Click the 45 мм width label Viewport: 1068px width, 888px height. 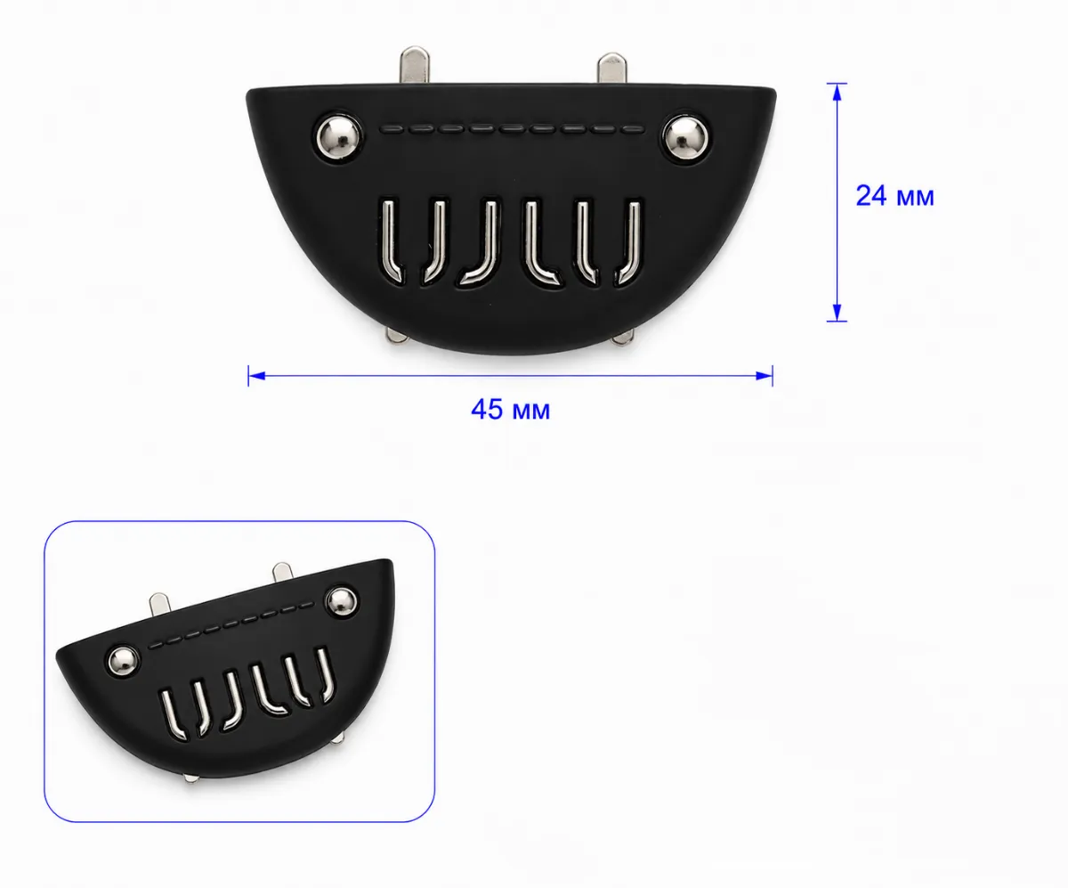511,410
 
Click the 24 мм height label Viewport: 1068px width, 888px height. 894,196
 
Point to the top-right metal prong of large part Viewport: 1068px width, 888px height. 611,68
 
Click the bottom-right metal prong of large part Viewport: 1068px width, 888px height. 623,338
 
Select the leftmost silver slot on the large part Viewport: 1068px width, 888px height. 392,240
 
